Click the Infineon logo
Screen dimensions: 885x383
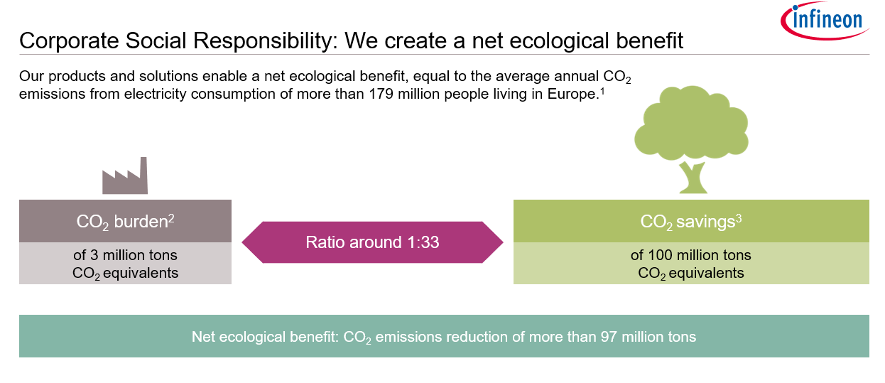coord(824,21)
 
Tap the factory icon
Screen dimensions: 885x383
coord(125,176)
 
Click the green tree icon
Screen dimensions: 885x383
coord(691,139)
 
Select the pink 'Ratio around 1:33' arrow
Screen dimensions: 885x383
coord(373,242)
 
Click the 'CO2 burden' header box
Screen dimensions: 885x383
coord(125,221)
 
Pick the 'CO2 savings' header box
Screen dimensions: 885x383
coord(691,221)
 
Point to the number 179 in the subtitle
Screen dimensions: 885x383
coord(381,94)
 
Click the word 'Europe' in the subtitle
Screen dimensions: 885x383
coord(571,95)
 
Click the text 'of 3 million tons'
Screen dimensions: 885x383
coord(125,255)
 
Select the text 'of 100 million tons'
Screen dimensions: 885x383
coord(690,255)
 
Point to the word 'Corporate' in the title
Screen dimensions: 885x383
coord(69,41)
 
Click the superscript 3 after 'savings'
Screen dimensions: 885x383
coord(739,219)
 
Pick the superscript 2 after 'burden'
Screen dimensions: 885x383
coord(171,219)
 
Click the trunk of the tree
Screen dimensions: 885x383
coord(693,178)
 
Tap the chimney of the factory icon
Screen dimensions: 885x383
coord(143,175)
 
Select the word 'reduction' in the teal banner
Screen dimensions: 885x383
coord(477,337)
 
